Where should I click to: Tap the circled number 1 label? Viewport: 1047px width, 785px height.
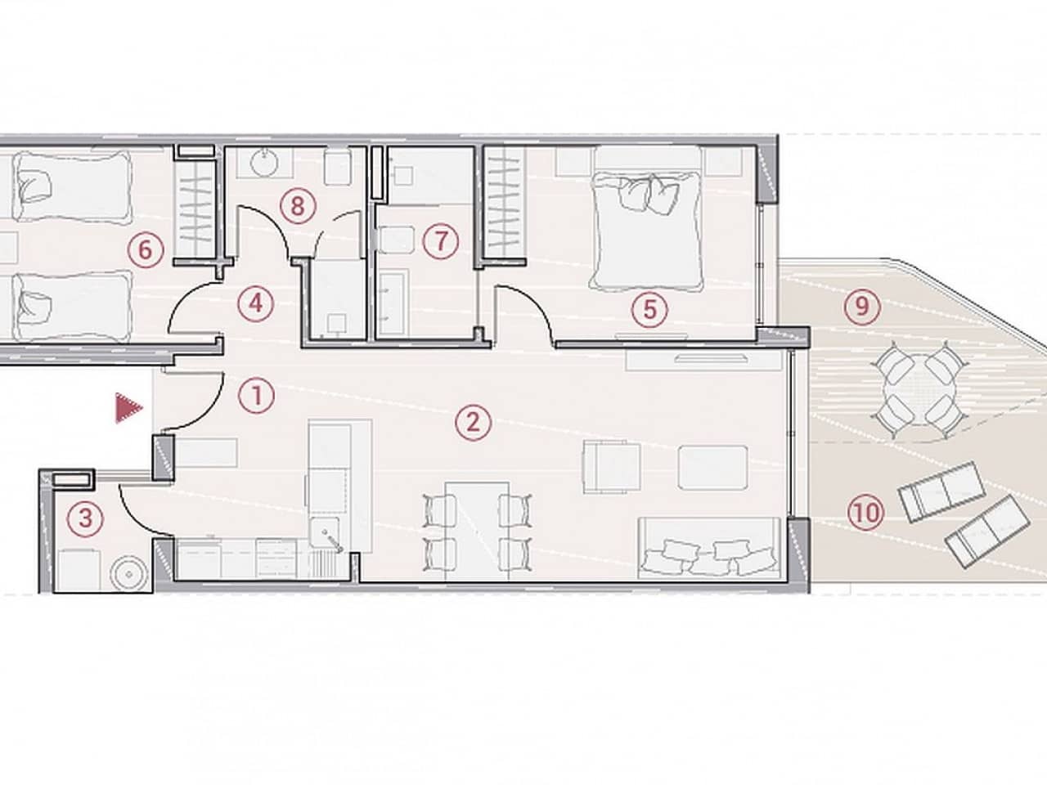pyautogui.click(x=257, y=397)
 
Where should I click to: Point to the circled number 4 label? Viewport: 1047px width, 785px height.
pyautogui.click(x=255, y=303)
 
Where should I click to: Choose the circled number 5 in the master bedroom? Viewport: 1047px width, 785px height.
pyautogui.click(x=649, y=309)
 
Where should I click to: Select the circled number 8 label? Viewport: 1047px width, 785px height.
pyautogui.click(x=297, y=205)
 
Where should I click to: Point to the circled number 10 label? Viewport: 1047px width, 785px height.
pyautogui.click(x=866, y=513)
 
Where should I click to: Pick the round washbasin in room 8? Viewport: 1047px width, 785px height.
pyautogui.click(x=263, y=163)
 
